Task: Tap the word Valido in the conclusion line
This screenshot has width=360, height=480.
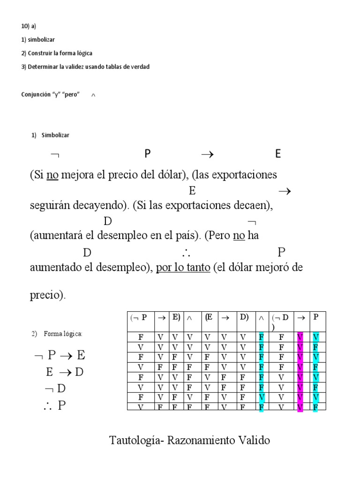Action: click(x=254, y=441)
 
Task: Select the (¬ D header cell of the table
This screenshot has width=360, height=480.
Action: click(x=282, y=321)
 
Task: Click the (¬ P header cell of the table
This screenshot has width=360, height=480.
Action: click(x=139, y=317)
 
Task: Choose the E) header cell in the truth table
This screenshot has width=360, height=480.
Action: click(x=176, y=317)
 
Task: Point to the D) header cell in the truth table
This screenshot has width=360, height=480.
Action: click(x=244, y=317)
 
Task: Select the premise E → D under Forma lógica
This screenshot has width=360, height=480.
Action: click(x=65, y=372)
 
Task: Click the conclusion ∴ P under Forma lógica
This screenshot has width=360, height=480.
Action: click(x=54, y=405)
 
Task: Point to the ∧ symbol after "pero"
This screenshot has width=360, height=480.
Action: click(x=93, y=95)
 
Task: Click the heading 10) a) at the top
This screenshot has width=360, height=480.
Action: click(x=29, y=26)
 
